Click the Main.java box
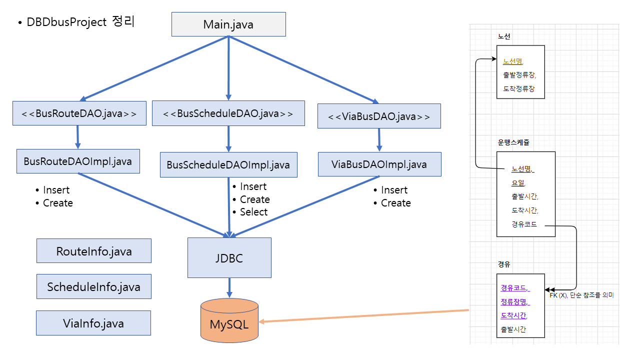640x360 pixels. (228, 24)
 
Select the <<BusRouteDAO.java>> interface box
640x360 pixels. (79, 113)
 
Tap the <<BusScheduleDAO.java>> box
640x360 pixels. (228, 113)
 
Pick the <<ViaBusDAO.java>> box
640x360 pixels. (379, 116)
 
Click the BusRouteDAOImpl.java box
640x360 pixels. (78, 161)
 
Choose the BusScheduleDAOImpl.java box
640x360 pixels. (228, 164)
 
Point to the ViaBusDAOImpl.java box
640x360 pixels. (379, 164)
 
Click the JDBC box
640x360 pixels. (229, 257)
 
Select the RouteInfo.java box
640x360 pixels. (94, 251)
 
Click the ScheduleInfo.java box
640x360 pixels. (94, 286)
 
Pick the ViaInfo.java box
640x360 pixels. (93, 323)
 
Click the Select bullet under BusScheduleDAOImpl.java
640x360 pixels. (253, 212)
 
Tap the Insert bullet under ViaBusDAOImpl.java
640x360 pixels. (394, 190)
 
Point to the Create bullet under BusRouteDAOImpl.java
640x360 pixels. (58, 203)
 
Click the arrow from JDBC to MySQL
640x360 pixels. (229, 288)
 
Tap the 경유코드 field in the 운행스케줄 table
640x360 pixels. (524, 224)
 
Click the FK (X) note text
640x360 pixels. (581, 295)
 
